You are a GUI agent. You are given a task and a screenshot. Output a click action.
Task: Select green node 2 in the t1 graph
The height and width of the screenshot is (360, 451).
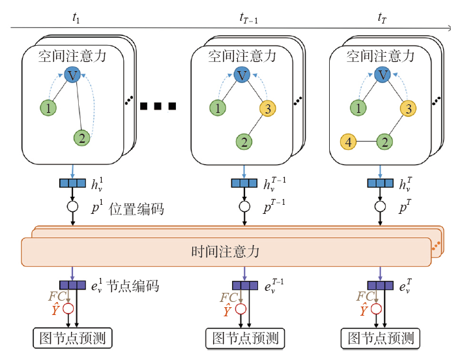(81, 137)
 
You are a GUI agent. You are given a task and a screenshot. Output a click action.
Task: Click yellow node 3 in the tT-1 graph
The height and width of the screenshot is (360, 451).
(268, 108)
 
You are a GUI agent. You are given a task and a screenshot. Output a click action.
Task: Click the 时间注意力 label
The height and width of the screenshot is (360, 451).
(225, 252)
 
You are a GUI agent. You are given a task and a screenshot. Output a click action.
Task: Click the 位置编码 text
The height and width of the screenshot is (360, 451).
(138, 209)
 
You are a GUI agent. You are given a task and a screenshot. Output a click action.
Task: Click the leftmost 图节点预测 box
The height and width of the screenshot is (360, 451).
(72, 338)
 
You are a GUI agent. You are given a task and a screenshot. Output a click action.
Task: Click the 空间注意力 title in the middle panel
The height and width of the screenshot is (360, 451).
(242, 56)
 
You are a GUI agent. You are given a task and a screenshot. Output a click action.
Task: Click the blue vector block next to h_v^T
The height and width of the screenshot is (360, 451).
(380, 184)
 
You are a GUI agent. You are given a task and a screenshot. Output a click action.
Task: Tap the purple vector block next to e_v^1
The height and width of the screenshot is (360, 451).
(72, 285)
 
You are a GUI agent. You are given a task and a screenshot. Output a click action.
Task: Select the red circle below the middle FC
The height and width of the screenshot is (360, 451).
(242, 309)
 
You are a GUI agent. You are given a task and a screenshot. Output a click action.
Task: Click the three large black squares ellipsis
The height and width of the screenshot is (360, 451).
(157, 106)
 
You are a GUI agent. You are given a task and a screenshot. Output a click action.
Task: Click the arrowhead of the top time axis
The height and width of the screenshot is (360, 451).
(448, 28)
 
